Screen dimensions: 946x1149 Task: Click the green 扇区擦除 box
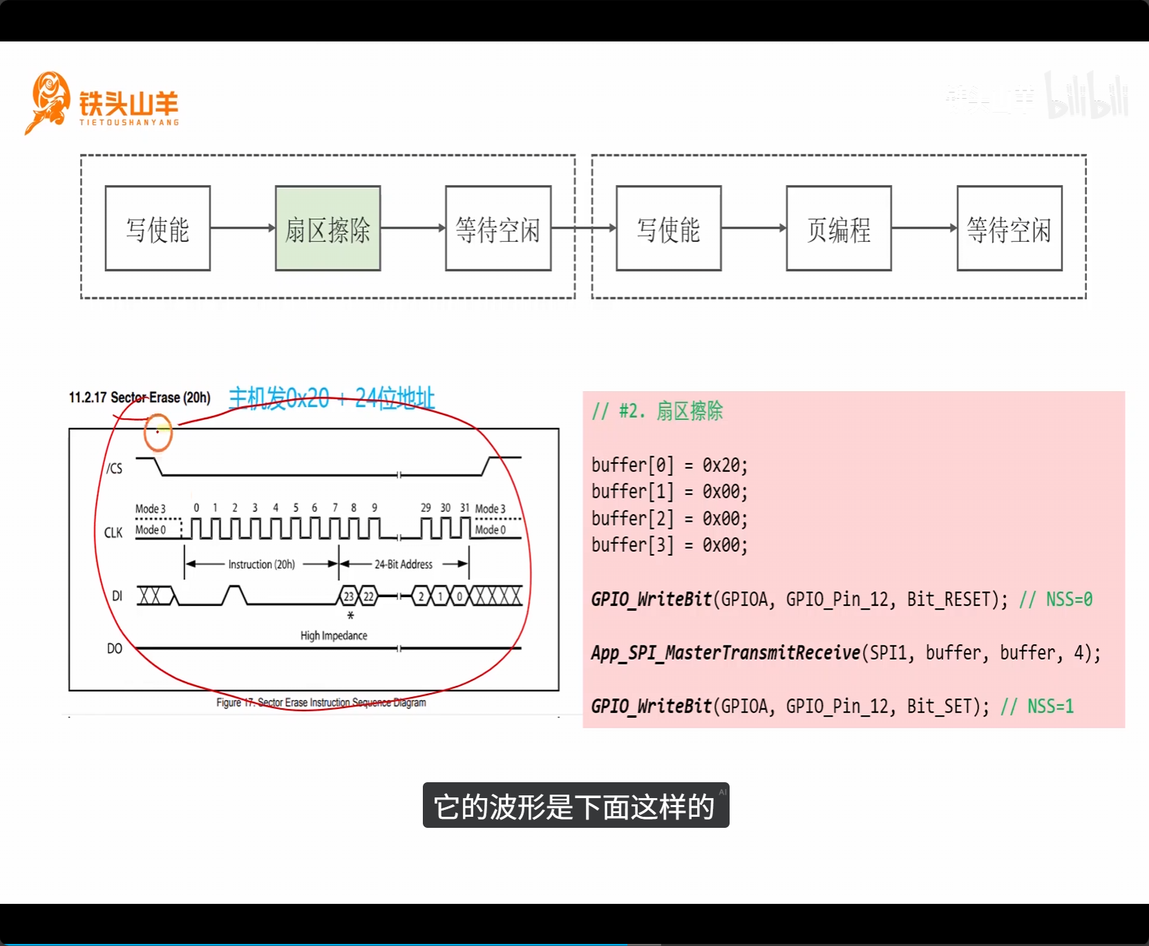pos(327,229)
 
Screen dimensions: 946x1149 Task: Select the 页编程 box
pos(838,229)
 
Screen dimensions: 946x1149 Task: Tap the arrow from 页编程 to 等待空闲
pos(924,228)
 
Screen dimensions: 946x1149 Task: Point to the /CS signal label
pos(115,469)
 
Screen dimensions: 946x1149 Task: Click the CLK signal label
pos(113,532)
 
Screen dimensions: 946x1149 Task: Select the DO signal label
pos(115,648)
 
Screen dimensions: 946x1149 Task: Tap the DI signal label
pos(117,596)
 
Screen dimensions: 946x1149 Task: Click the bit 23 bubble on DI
pos(349,596)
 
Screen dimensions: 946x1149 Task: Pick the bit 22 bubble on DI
pos(369,596)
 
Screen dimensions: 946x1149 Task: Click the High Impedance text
pos(334,635)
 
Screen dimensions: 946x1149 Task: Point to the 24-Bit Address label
pos(403,565)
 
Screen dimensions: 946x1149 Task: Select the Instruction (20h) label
pos(262,565)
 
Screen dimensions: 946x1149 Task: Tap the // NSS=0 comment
pos(1056,599)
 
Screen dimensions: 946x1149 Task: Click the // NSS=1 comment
pos(1037,706)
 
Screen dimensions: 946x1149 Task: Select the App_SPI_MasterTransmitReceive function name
pos(725,653)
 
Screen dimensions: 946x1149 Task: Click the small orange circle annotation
pos(158,433)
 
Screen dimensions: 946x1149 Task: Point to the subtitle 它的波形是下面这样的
pos(575,806)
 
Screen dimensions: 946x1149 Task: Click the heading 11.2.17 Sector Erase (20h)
pos(140,397)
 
